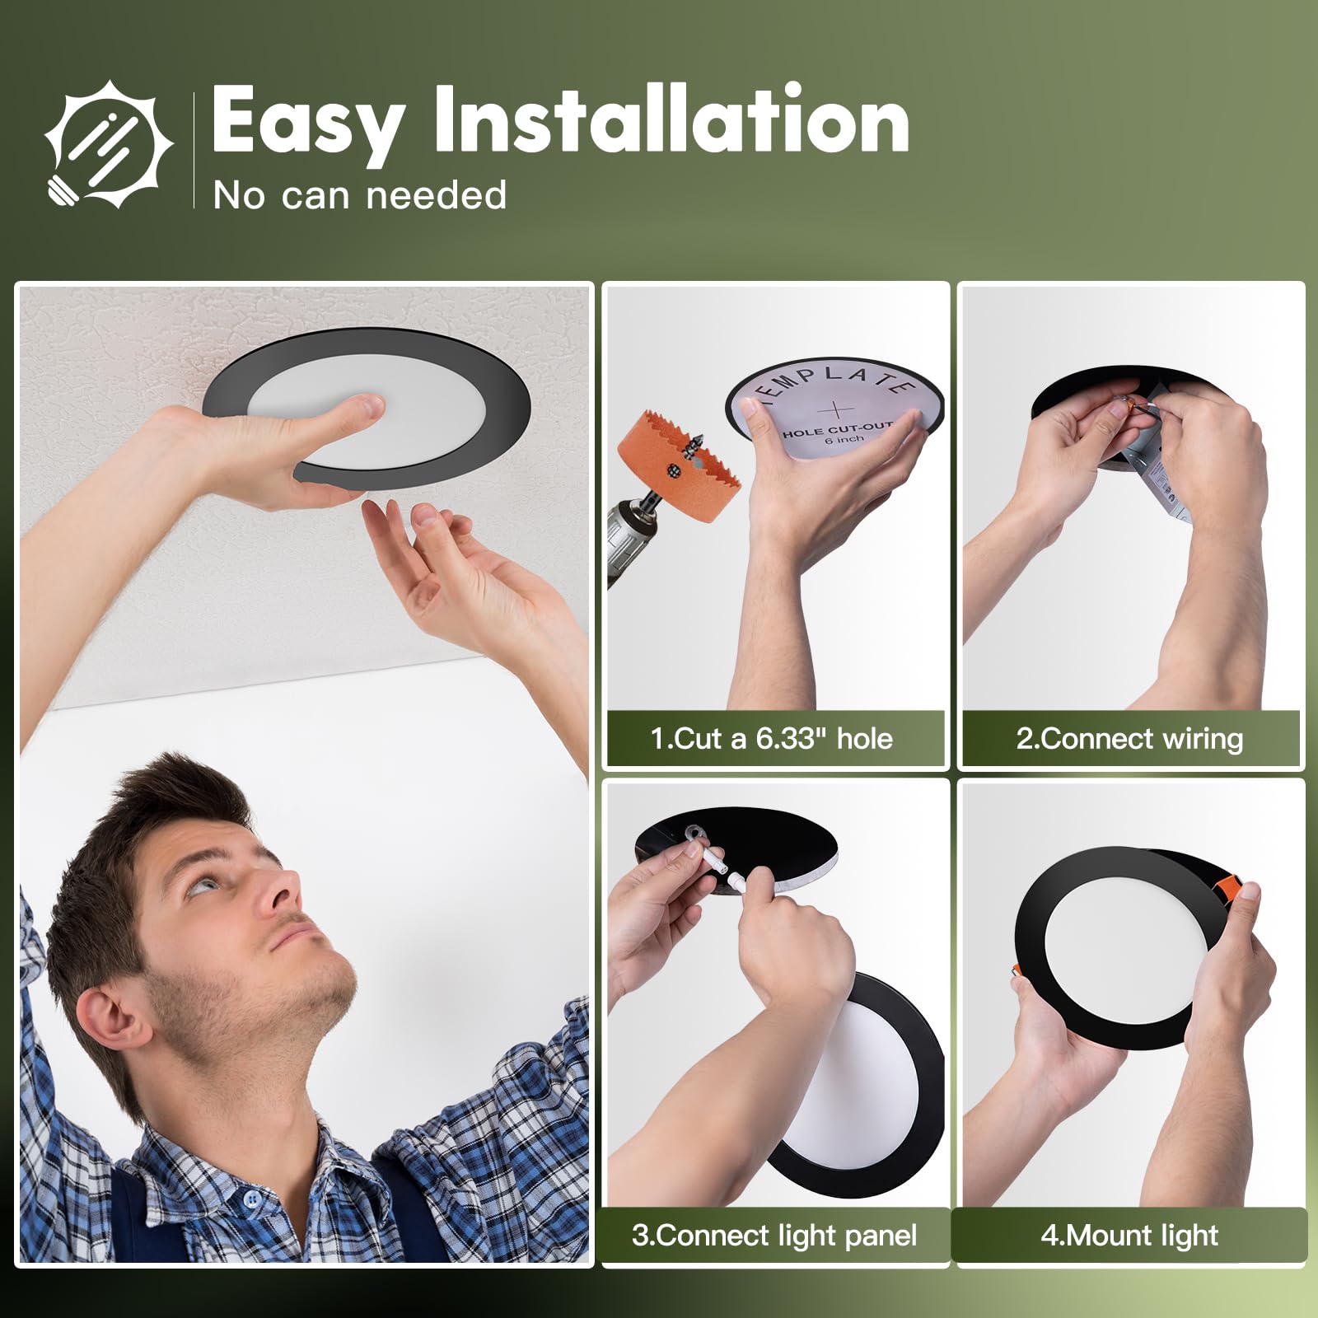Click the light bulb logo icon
109,145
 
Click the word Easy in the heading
307,121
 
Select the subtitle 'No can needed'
359,195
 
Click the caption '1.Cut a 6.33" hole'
772,738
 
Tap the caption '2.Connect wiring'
1129,738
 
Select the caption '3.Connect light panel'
774,1235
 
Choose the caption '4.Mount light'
1129,1235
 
